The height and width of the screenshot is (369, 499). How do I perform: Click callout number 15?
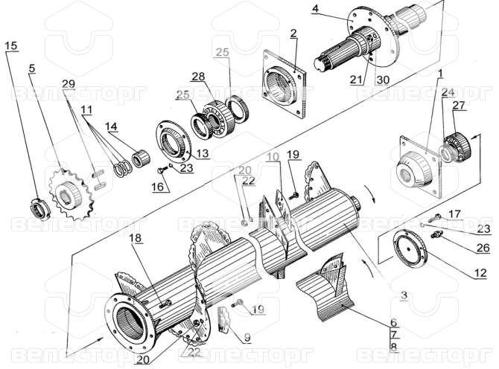click(x=10, y=46)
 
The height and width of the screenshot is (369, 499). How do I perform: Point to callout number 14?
click(x=111, y=126)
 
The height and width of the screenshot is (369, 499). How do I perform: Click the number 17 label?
click(x=455, y=214)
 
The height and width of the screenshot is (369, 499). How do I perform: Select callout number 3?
click(x=402, y=295)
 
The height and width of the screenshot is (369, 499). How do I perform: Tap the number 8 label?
click(x=393, y=346)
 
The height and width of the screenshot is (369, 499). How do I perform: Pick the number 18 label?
click(x=133, y=237)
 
